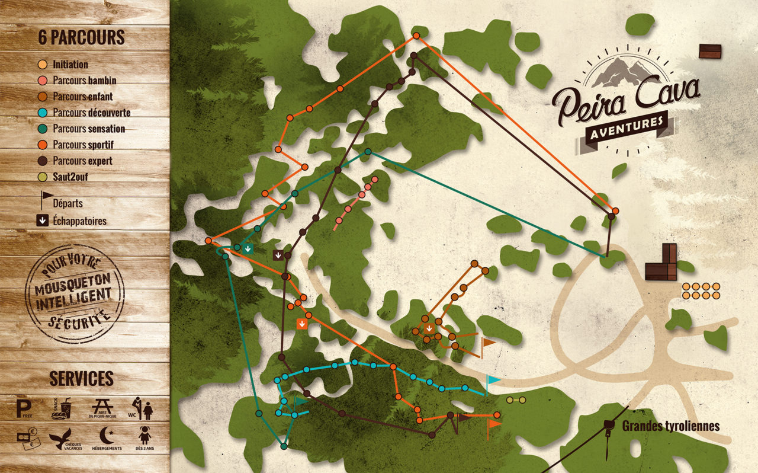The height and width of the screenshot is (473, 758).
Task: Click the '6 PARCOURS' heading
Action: pyautogui.click(x=81, y=37)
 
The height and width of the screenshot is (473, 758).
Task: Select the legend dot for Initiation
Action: pyautogui.click(x=42, y=65)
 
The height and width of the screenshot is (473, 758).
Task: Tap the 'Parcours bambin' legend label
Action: pyautogui.click(x=84, y=81)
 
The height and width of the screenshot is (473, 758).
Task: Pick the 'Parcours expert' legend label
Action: pyautogui.click(x=82, y=161)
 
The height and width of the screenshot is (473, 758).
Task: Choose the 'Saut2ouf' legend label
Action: pyautogui.click(x=70, y=177)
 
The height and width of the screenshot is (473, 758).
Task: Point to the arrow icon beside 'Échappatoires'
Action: pyautogui.click(x=41, y=221)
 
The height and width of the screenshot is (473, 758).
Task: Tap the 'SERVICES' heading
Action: pyautogui.click(x=81, y=379)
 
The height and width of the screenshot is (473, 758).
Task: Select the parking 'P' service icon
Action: pyautogui.click(x=24, y=408)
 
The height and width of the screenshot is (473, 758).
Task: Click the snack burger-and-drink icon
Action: pyautogui.click(x=61, y=408)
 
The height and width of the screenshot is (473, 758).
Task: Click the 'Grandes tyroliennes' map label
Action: pyautogui.click(x=670, y=426)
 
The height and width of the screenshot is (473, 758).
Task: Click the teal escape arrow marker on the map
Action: pyautogui.click(x=248, y=248)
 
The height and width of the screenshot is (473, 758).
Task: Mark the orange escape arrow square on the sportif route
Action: pyautogui.click(x=302, y=324)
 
